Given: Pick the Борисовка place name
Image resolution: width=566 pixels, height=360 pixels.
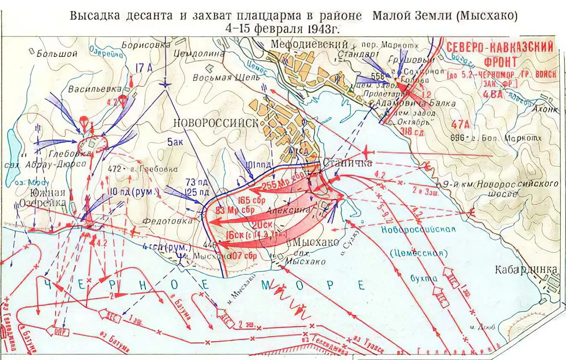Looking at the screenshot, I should pyautogui.click(x=142, y=44).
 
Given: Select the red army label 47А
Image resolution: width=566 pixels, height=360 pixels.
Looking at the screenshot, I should pyautogui.click(x=460, y=124).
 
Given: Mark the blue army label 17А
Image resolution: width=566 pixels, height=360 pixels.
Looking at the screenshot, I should pyautogui.click(x=144, y=68).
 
